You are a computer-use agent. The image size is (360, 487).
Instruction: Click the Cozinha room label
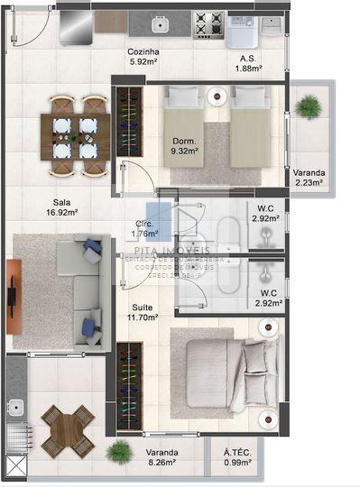[144, 57]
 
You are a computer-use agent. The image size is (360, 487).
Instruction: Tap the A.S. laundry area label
[249, 61]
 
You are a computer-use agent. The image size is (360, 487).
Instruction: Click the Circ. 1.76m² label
[144, 228]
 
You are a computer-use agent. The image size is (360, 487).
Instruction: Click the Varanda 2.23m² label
[309, 177]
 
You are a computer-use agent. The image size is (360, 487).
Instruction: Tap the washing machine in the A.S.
[242, 32]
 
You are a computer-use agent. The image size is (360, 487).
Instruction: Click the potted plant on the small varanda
[309, 106]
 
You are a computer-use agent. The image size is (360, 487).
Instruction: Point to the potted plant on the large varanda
[118, 450]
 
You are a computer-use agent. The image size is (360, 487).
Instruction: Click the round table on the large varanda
[69, 430]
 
